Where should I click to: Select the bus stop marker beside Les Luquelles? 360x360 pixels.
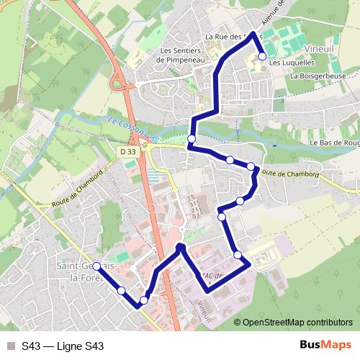click(262, 56)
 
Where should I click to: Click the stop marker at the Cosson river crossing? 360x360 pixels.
click(192, 139)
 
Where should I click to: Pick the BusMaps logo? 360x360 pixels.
click(325, 346)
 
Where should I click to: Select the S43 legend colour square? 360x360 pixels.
click(10, 346)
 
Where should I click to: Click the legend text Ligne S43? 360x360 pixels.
click(78, 346)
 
